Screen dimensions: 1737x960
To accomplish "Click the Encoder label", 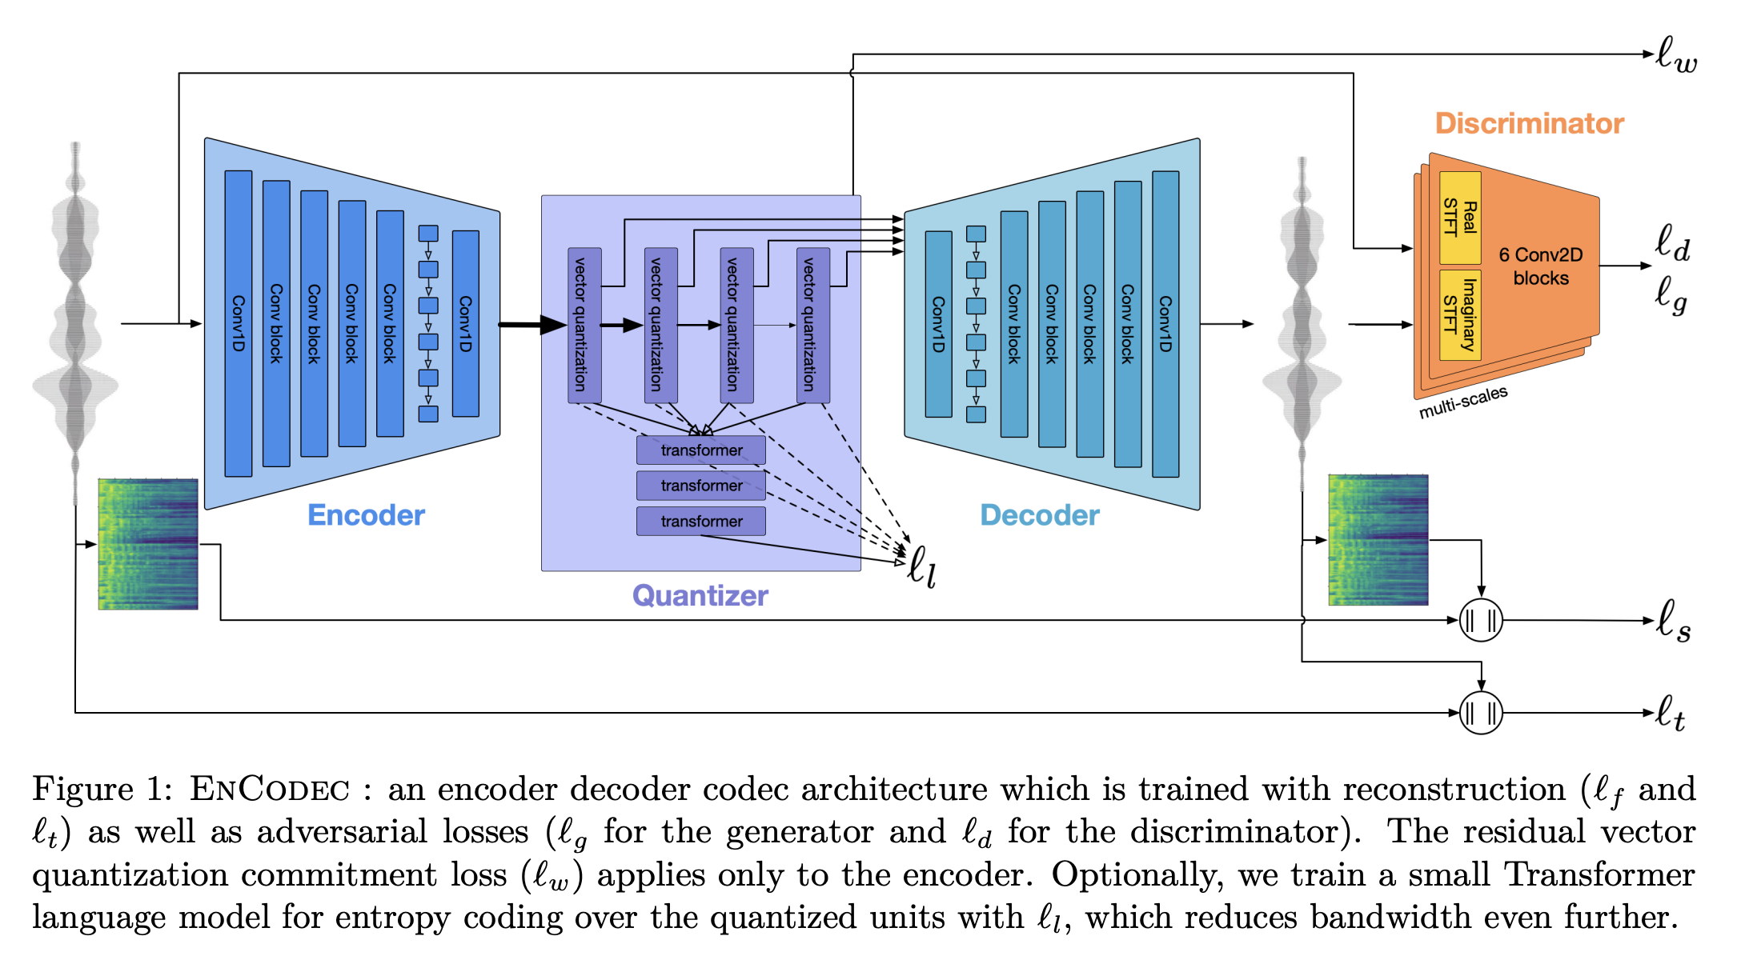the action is pyautogui.click(x=366, y=515).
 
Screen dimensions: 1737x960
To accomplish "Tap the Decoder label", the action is pyautogui.click(x=1040, y=515).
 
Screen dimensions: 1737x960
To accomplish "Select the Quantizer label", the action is pyautogui.click(x=700, y=595).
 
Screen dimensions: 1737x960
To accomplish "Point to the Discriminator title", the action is pyautogui.click(x=1530, y=123).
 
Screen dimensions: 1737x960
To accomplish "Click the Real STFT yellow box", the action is pyautogui.click(x=1460, y=218).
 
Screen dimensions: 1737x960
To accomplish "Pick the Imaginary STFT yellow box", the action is pyautogui.click(x=1460, y=314).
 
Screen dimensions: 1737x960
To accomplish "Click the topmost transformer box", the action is pyautogui.click(x=701, y=450).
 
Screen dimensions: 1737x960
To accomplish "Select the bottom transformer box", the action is pyautogui.click(x=701, y=521).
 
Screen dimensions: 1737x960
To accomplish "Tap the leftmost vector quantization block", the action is pyautogui.click(x=584, y=325).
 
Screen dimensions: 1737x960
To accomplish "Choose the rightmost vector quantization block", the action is pyautogui.click(x=813, y=325).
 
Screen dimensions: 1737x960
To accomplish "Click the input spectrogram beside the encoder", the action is pyautogui.click(x=148, y=544).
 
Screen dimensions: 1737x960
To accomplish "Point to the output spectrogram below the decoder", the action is pyautogui.click(x=1378, y=540).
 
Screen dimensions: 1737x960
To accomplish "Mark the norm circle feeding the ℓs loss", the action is pyautogui.click(x=1481, y=620).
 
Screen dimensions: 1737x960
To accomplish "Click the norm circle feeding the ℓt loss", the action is pyautogui.click(x=1481, y=712).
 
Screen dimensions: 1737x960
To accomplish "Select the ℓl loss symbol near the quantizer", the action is pyautogui.click(x=921, y=566).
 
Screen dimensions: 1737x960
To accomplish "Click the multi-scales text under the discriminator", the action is pyautogui.click(x=1463, y=402).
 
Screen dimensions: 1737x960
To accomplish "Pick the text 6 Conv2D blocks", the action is pyautogui.click(x=1541, y=266).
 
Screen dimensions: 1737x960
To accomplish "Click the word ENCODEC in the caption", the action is pyautogui.click(x=269, y=790).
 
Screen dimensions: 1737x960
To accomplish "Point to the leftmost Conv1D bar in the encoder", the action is pyautogui.click(x=239, y=323).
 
